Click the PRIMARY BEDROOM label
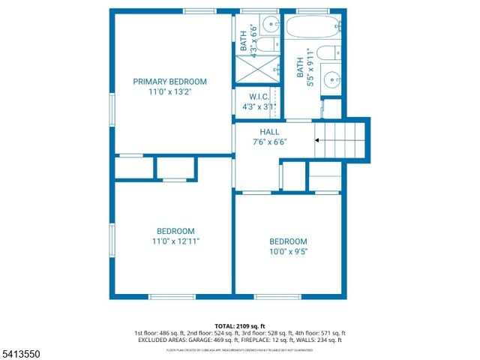tap(169, 82)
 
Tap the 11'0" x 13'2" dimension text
tap(169, 92)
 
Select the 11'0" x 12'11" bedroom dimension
tap(175, 241)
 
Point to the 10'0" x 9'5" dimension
tap(289, 252)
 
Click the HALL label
tap(269, 131)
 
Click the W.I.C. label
tap(257, 97)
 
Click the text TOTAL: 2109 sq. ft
tap(239, 325)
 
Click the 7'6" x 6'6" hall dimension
tap(269, 142)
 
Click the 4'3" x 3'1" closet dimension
tap(257, 107)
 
